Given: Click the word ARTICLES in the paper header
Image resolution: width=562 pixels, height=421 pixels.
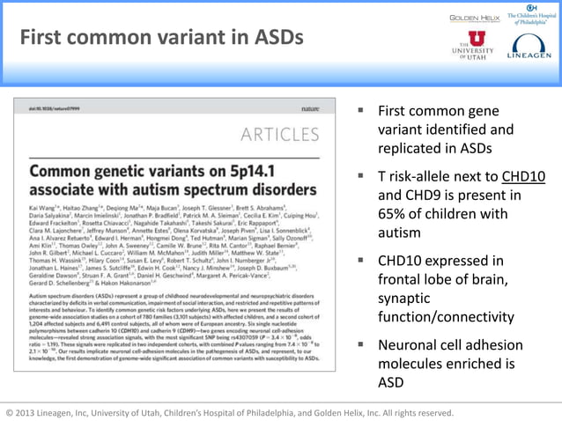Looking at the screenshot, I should click(280, 135).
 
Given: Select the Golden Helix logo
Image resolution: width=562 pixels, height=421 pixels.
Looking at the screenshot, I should click(476, 17).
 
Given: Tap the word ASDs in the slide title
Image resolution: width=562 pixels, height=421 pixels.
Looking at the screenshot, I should click(276, 39).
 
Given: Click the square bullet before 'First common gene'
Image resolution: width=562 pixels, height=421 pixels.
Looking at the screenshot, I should click(360, 112).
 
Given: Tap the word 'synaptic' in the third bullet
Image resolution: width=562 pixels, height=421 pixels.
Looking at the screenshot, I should click(404, 299).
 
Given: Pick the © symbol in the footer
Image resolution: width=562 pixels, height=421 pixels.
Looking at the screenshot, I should click(10, 412).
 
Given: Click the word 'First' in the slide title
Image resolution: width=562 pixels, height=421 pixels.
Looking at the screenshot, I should click(43, 39).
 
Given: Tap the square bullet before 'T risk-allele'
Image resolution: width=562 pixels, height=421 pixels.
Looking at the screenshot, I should click(360, 176).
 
